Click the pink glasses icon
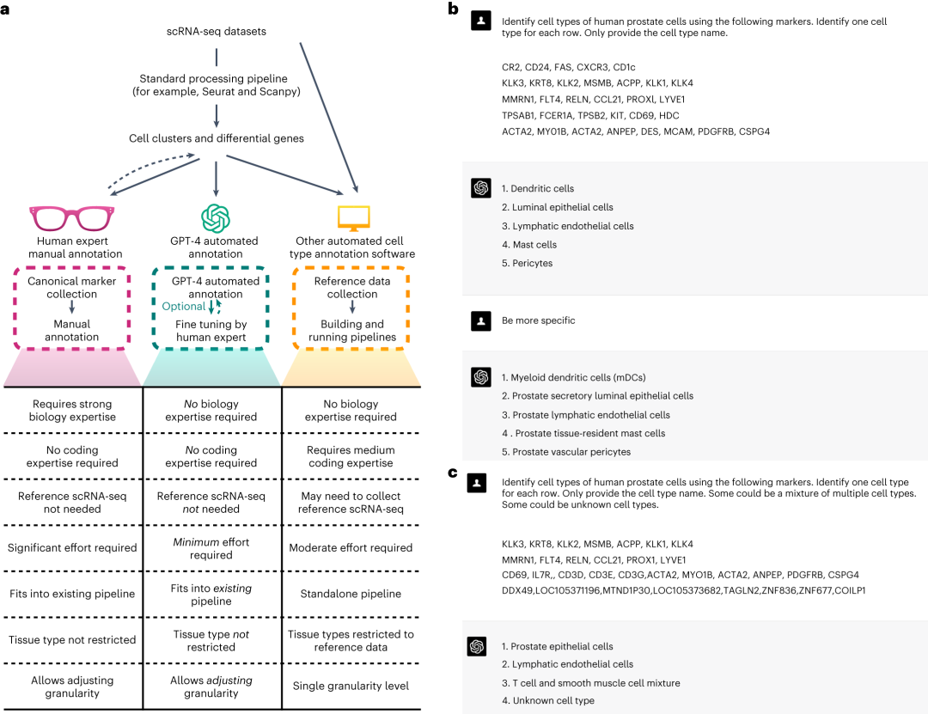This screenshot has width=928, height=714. click(72, 217)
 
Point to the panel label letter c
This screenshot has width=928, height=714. click(453, 472)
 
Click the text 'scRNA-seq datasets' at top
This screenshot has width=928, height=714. click(216, 32)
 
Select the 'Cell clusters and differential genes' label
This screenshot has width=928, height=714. click(216, 138)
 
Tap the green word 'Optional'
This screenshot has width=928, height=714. click(184, 306)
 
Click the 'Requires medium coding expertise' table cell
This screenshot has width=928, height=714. click(351, 456)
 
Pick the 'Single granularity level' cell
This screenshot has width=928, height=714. click(351, 687)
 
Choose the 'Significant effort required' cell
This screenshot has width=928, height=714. click(72, 548)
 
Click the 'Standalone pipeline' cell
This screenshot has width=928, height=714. click(351, 594)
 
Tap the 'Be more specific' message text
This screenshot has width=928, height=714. click(538, 320)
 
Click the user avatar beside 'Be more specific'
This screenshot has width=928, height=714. click(481, 321)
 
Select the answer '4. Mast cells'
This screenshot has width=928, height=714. click(529, 245)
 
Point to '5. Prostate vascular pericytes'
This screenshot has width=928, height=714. click(566, 452)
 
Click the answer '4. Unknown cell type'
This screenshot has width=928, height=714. click(547, 701)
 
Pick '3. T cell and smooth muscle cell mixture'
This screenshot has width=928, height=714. click(590, 683)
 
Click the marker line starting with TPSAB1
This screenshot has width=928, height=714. click(590, 114)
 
